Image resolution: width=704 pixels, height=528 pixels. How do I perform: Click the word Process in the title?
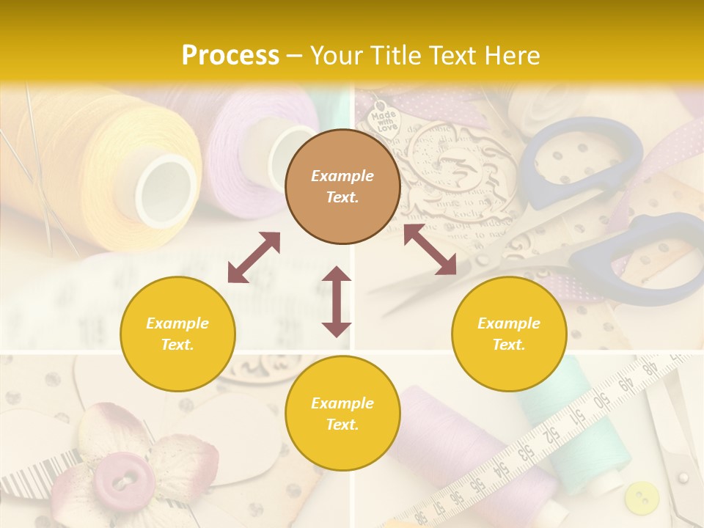[x=230, y=56]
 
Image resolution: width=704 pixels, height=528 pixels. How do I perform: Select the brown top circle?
[x=342, y=186]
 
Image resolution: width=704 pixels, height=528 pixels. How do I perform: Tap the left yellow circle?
[x=177, y=334]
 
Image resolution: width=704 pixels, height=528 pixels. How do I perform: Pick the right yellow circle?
[x=509, y=334]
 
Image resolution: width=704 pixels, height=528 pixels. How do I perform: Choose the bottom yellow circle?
[x=342, y=414]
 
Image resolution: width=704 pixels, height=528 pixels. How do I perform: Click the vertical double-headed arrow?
[x=337, y=301]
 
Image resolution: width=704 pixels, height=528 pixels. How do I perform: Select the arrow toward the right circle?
[x=430, y=250]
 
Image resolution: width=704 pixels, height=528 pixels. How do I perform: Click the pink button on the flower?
[x=123, y=480]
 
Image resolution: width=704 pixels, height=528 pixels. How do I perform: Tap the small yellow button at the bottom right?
[x=642, y=497]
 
